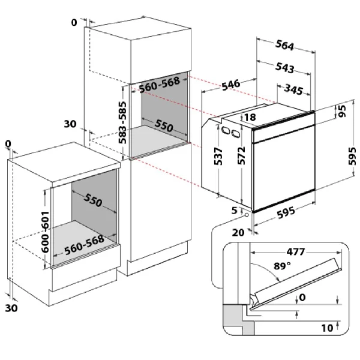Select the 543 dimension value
tap(284, 68)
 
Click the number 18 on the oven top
tap(250, 118)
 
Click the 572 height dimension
tap(241, 155)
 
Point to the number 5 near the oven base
tap(235, 210)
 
